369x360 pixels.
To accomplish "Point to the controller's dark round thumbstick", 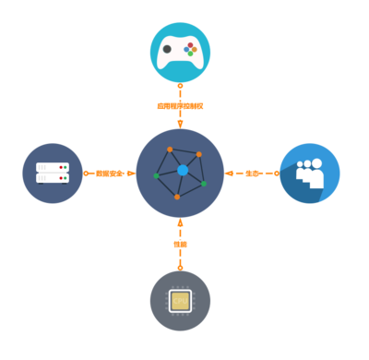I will pos(167,49).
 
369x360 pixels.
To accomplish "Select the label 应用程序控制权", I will pos(180,105).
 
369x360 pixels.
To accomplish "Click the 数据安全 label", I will pos(109,173).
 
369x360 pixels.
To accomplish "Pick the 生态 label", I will pos(252,173).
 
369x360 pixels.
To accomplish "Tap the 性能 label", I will pos(180,244).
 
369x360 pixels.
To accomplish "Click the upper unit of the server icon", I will pos(52,167).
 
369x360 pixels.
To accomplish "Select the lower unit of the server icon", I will pos(52,178).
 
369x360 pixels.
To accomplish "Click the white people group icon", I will pos(310,173).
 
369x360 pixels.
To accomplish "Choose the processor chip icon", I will pos(180,301).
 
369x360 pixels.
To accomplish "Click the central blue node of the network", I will pos(183,170).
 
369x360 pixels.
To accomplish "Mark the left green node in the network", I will pos(156,175).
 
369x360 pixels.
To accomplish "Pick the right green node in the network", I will pos(204,184).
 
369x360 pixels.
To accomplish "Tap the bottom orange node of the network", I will pos(177,197).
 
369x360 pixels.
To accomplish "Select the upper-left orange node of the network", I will pos(170,149).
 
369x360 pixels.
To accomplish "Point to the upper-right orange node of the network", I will pos(198,154).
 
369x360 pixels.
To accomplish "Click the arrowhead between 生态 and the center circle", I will pos(229,173).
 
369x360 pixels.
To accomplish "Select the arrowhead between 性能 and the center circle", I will pos(180,223).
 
